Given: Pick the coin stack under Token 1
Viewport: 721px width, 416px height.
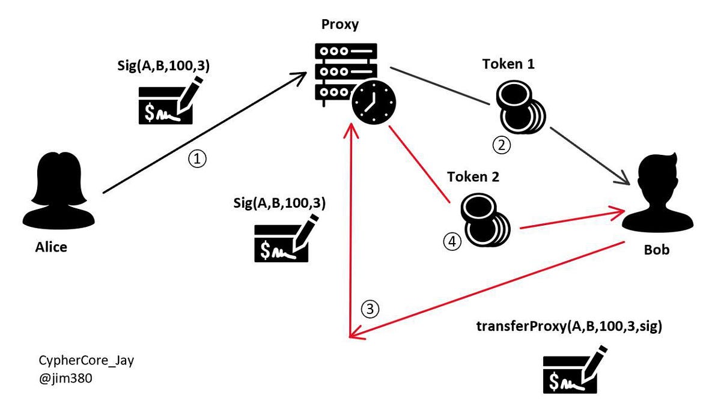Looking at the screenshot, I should (x=519, y=108).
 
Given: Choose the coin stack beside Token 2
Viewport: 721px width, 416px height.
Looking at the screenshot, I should (x=483, y=222).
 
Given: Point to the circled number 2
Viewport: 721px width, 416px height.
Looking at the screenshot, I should (x=502, y=144).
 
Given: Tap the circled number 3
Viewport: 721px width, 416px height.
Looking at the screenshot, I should (x=370, y=309).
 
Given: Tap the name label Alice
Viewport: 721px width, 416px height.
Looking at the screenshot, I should (x=51, y=247).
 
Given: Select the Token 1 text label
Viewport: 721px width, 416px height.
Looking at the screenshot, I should (x=508, y=64).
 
